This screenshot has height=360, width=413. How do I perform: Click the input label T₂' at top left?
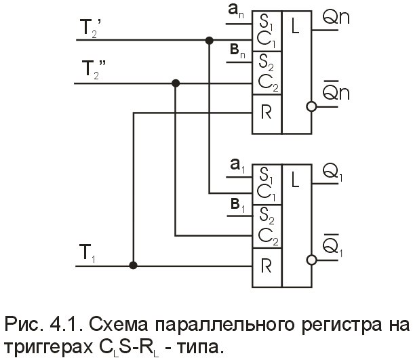(91, 27)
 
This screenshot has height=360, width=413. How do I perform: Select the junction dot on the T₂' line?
(208, 40)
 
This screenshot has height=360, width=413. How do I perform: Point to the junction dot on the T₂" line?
(176, 83)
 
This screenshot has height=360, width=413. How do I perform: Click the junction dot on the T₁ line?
(134, 265)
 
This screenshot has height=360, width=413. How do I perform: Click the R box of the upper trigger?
(266, 113)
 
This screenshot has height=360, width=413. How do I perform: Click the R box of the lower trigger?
(266, 264)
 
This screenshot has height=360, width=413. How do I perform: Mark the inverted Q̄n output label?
(336, 93)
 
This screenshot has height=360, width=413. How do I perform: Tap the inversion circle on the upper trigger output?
(311, 106)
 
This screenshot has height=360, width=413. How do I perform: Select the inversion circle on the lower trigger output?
(311, 258)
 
